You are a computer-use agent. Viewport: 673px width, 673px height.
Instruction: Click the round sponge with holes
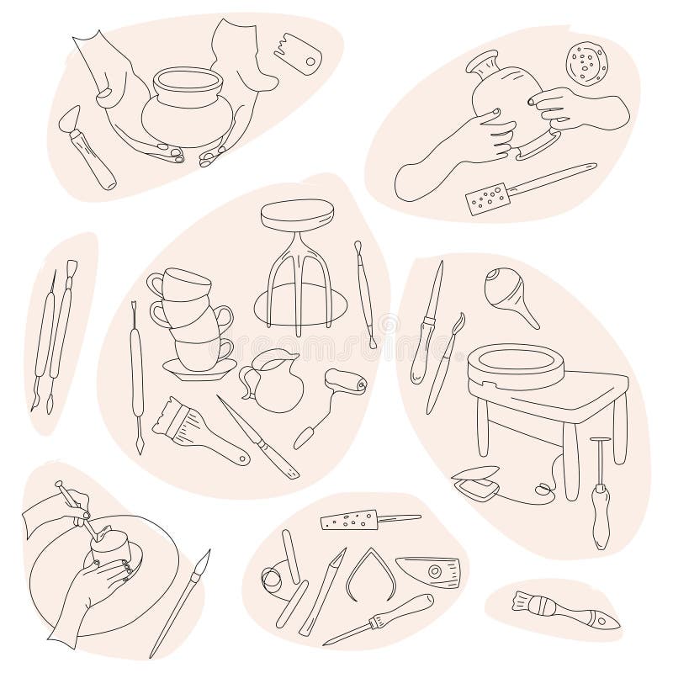[586, 62]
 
